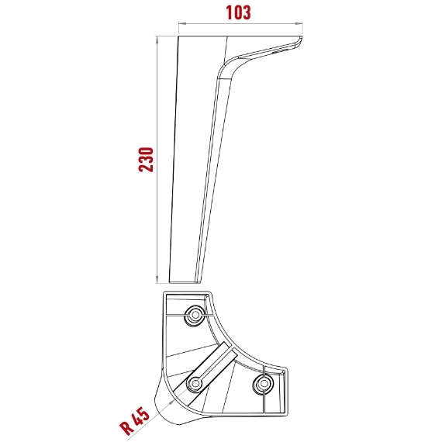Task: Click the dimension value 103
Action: (x=239, y=13)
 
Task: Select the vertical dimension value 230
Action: (x=144, y=159)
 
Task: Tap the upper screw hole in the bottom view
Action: (x=192, y=315)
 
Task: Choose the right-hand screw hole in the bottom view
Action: (x=264, y=383)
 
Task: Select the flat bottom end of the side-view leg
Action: (x=184, y=281)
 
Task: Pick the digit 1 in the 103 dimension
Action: (x=229, y=13)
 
